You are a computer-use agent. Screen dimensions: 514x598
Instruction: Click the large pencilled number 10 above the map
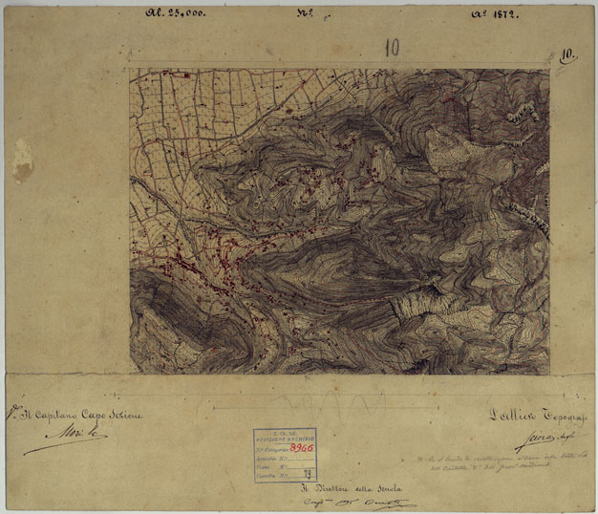point(392,48)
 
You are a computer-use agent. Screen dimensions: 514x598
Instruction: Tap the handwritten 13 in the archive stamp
point(306,472)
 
